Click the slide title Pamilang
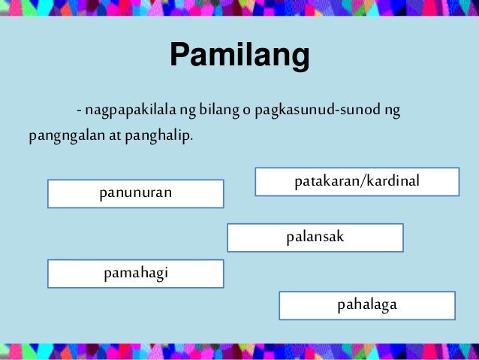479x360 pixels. click(239, 55)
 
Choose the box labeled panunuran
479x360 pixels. click(136, 193)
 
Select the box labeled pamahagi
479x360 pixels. click(136, 273)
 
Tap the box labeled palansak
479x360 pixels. click(315, 237)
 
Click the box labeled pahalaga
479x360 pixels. click(367, 305)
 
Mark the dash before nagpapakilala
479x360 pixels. click(77, 113)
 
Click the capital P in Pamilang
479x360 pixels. click(180, 55)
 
